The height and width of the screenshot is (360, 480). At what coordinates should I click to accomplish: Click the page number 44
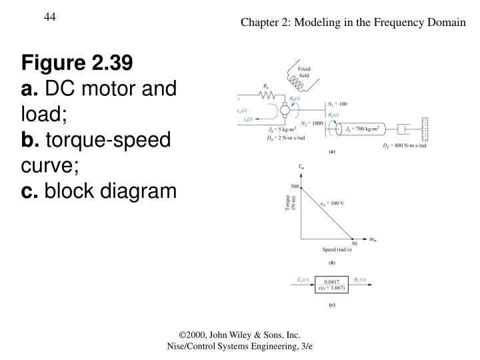(50, 16)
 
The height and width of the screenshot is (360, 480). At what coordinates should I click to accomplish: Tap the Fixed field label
(304, 71)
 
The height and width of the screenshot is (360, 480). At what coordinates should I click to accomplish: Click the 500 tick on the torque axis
(295, 186)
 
